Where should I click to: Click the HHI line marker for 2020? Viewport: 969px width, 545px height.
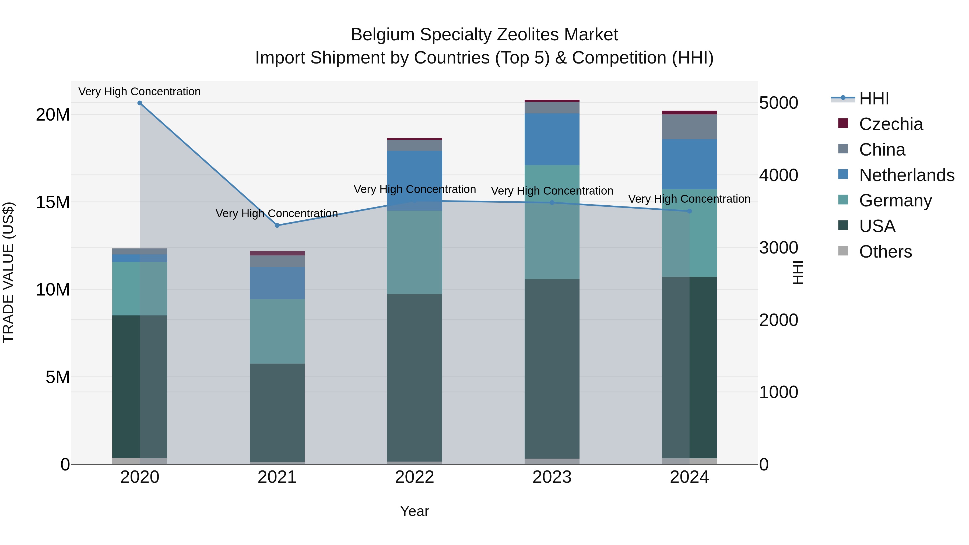tap(139, 103)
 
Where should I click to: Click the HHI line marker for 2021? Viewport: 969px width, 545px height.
tap(277, 225)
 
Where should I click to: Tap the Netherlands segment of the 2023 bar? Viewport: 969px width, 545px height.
tap(552, 139)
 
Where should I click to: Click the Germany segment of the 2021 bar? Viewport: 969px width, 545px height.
tap(277, 331)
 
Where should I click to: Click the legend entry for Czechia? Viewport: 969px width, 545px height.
tap(890, 124)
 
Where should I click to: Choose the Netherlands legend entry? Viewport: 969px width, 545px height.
tap(906, 175)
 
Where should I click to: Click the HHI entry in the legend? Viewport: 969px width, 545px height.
tap(873, 99)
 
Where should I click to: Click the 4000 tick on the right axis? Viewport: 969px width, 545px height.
tap(778, 175)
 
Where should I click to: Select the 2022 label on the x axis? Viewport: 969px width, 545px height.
tap(415, 477)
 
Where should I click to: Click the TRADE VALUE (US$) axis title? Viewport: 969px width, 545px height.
tap(8, 272)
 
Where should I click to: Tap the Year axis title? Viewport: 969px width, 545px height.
tap(415, 511)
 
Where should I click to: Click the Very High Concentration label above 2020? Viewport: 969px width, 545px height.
tap(139, 92)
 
